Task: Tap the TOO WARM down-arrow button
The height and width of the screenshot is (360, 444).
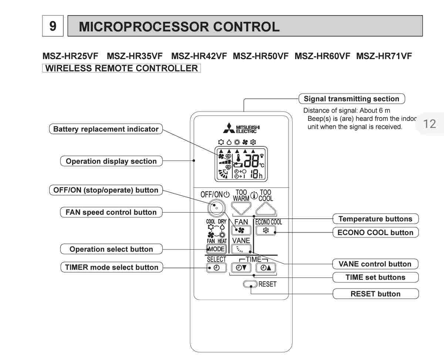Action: pos(241,208)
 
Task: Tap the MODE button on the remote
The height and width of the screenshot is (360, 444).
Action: pos(216,249)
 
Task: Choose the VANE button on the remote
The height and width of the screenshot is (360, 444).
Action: pos(241,249)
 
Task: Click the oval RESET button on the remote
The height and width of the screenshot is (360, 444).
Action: pos(250,284)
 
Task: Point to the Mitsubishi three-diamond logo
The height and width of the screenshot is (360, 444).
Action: pos(229,128)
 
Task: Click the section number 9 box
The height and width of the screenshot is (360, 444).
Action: pos(53,26)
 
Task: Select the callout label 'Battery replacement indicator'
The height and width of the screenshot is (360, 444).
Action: pos(106,129)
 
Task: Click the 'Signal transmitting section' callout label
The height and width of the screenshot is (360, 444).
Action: pos(351,99)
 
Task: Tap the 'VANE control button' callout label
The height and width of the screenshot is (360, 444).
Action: pos(375,264)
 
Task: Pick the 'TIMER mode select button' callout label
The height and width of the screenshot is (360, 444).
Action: pos(111,267)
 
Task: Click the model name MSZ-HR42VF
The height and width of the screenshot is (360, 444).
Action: pos(199,56)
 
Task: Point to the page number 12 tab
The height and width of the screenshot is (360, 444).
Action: pos(430,124)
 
